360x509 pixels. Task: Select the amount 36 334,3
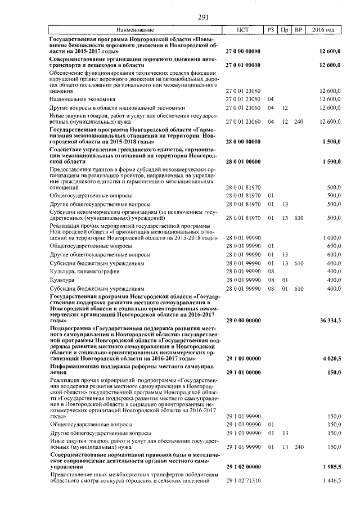[x=330, y=320]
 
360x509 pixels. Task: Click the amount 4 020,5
[x=332, y=358]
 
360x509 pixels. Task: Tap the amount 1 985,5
[x=332, y=467]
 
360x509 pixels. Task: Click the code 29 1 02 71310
[x=243, y=480]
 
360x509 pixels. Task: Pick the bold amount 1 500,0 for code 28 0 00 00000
[x=332, y=142]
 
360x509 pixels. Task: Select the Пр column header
[x=285, y=29]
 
